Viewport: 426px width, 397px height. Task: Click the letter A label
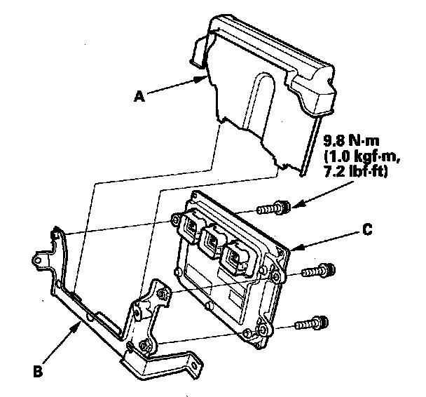click(139, 98)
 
